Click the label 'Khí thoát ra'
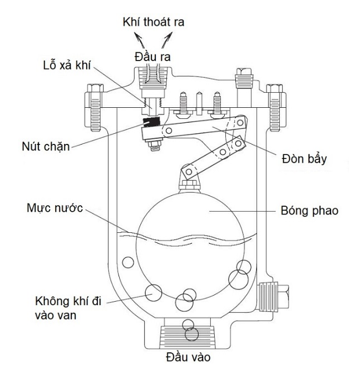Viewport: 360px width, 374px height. coord(154,22)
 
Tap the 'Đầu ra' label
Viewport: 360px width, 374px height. coord(152,57)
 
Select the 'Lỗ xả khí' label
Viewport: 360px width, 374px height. coord(67,65)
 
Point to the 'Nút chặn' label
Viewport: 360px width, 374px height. coord(46,146)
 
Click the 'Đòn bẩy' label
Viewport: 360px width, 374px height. coord(304,158)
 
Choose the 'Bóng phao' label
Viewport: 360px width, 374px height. coord(309,211)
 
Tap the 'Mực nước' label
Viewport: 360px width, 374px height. coord(55,207)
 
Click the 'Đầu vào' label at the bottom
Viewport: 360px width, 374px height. coord(188,357)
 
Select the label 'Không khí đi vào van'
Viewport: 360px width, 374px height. coord(68,308)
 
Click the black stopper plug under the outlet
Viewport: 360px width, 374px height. coord(151,122)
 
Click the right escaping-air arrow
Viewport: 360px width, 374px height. coord(167,40)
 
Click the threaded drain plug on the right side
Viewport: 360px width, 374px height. coord(274,297)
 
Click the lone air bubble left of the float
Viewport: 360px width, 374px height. coord(128,262)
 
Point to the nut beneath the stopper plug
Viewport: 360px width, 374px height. coord(155,144)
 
